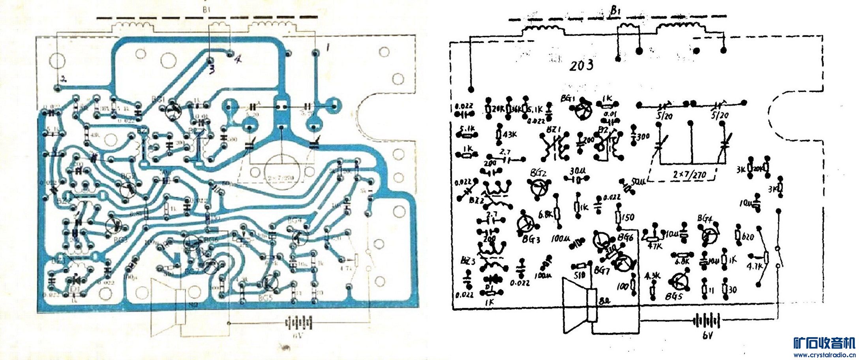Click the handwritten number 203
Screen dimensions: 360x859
click(581, 65)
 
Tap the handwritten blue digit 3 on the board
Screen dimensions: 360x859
click(212, 70)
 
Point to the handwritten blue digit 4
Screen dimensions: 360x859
click(238, 59)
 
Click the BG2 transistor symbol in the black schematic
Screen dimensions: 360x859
click(538, 187)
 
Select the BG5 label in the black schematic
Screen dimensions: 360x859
click(673, 296)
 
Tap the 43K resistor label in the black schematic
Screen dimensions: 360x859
click(510, 134)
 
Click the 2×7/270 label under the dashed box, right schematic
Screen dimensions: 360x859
click(690, 174)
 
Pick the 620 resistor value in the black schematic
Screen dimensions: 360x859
click(748, 237)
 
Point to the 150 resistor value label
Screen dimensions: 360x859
click(627, 217)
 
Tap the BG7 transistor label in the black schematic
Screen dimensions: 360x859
click(602, 271)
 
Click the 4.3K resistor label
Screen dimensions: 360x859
click(652, 276)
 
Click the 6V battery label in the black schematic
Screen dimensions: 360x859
click(707, 336)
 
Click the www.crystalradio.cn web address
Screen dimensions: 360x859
click(824, 355)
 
